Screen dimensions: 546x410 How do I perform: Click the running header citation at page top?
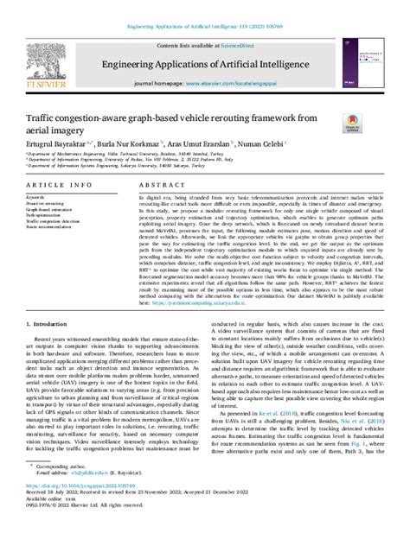coord(204,8)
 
